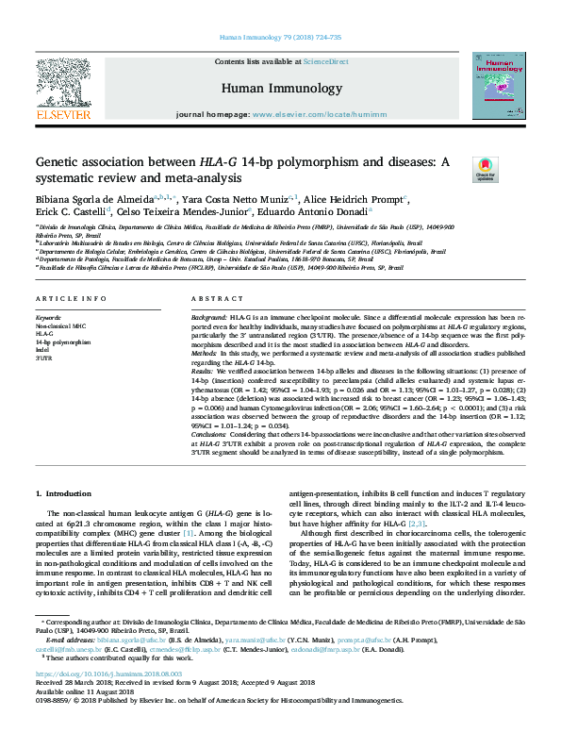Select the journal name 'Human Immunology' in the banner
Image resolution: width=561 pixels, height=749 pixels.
pyautogui.click(x=281, y=88)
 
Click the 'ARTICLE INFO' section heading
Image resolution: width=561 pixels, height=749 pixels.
pyautogui.click(x=70, y=299)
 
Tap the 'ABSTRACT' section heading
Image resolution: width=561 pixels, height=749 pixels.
pyautogui.click(x=211, y=299)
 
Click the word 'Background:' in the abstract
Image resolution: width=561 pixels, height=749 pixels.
pyautogui.click(x=209, y=319)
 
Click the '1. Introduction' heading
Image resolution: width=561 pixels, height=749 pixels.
pyautogui.click(x=64, y=493)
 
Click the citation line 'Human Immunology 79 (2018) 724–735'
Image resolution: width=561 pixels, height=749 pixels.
pyautogui.click(x=279, y=38)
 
